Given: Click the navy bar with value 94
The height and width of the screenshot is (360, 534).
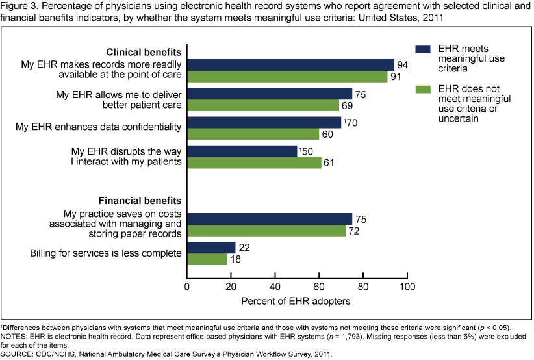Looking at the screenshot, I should coord(290,64).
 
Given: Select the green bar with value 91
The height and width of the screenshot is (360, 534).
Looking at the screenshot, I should coord(287,76).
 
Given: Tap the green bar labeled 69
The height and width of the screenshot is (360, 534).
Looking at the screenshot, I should coord(263,105).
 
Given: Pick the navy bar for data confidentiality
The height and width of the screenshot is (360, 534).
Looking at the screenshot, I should coord(264,122).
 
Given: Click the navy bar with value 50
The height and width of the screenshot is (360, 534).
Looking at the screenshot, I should coord(242,151).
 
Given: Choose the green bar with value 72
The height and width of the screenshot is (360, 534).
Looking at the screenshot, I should coord(266,231).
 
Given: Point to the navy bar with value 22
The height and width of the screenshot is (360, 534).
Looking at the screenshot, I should coord(211,248).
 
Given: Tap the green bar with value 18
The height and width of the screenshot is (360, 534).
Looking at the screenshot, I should coord(207,259).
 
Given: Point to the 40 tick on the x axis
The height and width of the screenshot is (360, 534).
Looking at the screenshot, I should coord(275,285).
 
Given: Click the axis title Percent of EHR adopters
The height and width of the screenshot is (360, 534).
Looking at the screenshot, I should coord(297,302).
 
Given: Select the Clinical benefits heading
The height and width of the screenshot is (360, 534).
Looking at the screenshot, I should coord(144,51).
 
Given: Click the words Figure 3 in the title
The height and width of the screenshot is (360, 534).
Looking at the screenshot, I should coord(18,7).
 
